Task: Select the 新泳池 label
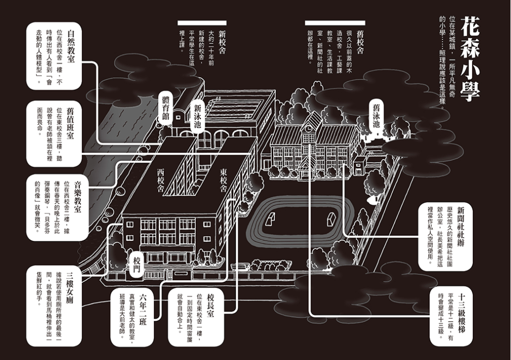click(x=197, y=116)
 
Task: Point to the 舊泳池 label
click(x=376, y=116)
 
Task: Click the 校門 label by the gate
click(x=136, y=264)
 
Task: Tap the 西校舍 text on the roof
click(x=160, y=180)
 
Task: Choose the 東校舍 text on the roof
click(x=223, y=180)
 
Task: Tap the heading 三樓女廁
click(x=70, y=288)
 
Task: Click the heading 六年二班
click(x=143, y=309)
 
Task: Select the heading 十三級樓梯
click(x=461, y=313)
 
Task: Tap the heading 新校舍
click(x=222, y=42)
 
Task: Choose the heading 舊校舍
click(x=360, y=42)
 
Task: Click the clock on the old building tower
click(x=308, y=129)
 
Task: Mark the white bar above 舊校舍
click(x=335, y=23)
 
